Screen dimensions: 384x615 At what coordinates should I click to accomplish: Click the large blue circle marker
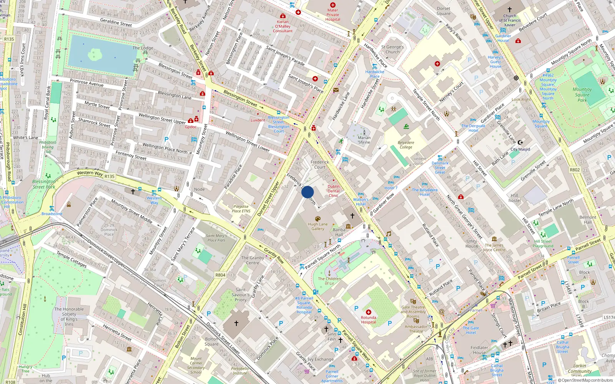(307, 192)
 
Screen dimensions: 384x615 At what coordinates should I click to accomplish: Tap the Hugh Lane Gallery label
(318, 226)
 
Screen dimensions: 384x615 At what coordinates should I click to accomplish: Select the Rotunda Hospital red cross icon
(369, 312)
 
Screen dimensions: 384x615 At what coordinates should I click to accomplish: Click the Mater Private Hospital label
(333, 15)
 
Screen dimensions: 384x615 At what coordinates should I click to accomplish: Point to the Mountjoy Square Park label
(582, 94)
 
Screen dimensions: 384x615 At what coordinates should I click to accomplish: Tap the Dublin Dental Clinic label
(334, 191)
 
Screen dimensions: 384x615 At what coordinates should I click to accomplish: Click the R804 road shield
(220, 275)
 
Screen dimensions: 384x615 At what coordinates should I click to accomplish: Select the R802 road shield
(575, 170)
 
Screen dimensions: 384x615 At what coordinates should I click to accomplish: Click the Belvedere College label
(406, 145)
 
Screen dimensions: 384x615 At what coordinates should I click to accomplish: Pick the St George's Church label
(392, 49)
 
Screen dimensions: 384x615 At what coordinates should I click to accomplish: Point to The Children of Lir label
(329, 281)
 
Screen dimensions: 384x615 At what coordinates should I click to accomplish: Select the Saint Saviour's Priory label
(241, 295)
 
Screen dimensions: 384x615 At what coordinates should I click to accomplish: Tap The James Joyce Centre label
(494, 247)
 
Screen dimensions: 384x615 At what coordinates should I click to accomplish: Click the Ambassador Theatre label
(416, 329)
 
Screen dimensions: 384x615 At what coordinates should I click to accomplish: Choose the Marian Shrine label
(364, 140)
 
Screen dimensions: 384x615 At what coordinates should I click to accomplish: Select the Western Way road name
(90, 173)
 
